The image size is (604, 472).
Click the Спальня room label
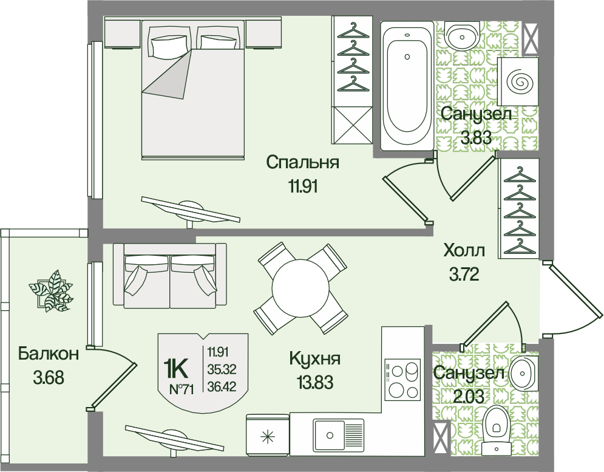click(x=303, y=163)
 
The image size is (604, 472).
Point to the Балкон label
click(x=48, y=353)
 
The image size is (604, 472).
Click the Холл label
click(x=464, y=251)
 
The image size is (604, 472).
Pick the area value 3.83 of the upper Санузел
click(x=477, y=137)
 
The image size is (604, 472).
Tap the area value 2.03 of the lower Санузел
click(x=468, y=395)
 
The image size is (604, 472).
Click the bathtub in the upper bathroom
click(x=407, y=86)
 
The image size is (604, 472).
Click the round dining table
click(x=300, y=288)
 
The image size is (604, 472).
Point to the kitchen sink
click(x=339, y=434)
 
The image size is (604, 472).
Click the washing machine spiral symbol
click(x=518, y=81)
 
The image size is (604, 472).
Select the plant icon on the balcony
click(x=50, y=291)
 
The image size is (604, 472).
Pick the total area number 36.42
click(x=222, y=385)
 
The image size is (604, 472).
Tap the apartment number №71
click(x=181, y=389)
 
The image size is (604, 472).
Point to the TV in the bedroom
click(x=191, y=211)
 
